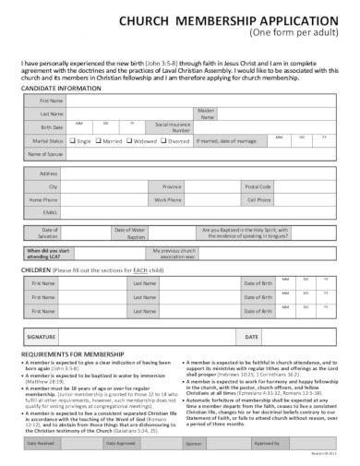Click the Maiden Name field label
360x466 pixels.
(x=207, y=113)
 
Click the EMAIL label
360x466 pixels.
(x=51, y=210)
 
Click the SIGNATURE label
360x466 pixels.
(x=46, y=339)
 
